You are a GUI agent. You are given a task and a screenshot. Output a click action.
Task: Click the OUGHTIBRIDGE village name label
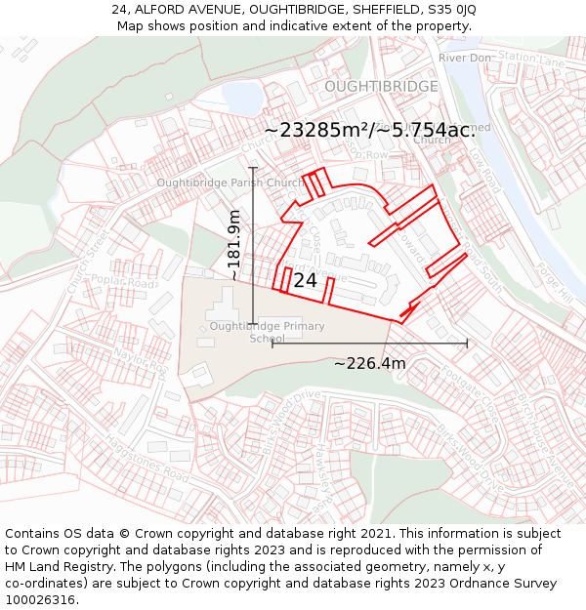point(381,87)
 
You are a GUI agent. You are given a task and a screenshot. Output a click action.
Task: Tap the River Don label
point(464,59)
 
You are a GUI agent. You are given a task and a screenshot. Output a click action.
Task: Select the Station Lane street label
point(531,61)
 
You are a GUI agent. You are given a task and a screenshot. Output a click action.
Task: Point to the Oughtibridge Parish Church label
point(231,183)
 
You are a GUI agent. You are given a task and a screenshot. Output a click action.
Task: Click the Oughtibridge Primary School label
point(267,332)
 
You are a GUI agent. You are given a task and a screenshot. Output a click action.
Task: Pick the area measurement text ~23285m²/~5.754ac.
point(368,130)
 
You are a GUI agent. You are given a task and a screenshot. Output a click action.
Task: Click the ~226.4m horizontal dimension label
point(369,364)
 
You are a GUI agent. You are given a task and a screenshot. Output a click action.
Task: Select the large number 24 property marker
point(305,280)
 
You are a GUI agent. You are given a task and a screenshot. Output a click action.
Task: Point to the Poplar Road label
point(122,282)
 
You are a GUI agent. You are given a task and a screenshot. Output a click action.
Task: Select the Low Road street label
point(483,170)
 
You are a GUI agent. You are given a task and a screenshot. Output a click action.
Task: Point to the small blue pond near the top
point(238,96)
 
